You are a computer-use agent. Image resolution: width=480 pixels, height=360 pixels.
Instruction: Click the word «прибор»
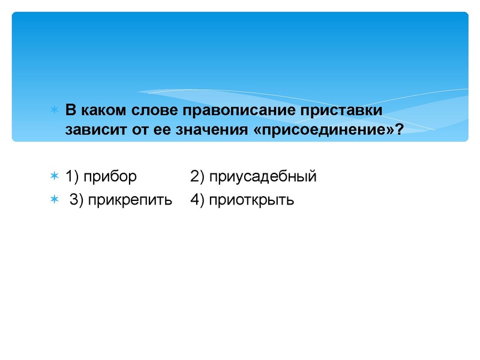[x=110, y=176]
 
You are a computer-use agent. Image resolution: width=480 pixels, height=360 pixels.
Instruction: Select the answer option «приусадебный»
[x=263, y=177]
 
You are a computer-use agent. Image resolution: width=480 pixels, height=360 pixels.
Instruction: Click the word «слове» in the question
[x=164, y=111]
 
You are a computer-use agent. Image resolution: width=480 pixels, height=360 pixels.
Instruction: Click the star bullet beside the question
[x=54, y=111]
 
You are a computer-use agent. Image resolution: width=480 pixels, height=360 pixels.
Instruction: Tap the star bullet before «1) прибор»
[x=54, y=176]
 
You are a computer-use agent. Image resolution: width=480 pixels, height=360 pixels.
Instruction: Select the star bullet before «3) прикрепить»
[x=54, y=199]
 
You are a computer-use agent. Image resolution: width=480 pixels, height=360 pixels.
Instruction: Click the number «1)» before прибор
[x=72, y=176]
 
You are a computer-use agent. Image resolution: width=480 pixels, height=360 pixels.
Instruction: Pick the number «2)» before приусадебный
[x=197, y=176]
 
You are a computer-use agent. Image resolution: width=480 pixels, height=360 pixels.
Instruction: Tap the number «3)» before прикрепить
[x=77, y=200]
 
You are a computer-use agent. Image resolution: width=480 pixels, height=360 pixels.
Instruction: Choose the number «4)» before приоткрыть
[x=197, y=200]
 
